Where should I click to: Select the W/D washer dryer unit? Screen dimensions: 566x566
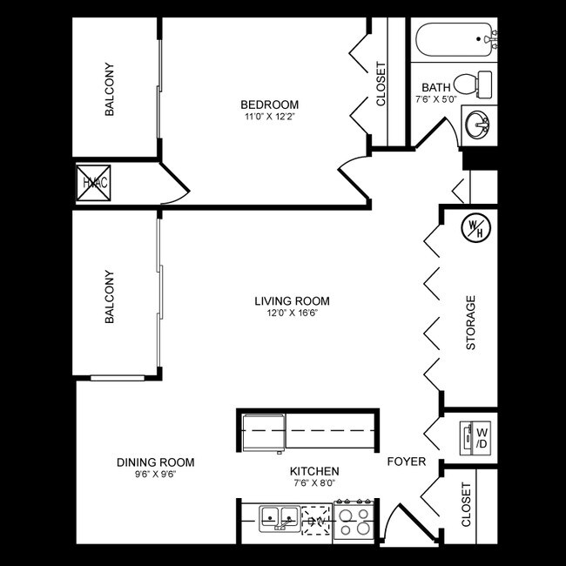click(476, 437)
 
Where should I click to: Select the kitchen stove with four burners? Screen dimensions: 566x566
click(354, 520)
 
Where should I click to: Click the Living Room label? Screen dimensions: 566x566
click(292, 301)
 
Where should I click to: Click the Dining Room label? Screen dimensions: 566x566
click(155, 462)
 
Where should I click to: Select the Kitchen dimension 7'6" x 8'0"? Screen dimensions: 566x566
click(313, 482)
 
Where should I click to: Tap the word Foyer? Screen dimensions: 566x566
click(406, 462)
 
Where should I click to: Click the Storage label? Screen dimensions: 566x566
click(471, 323)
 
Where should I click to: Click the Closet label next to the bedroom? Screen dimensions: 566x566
click(381, 84)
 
